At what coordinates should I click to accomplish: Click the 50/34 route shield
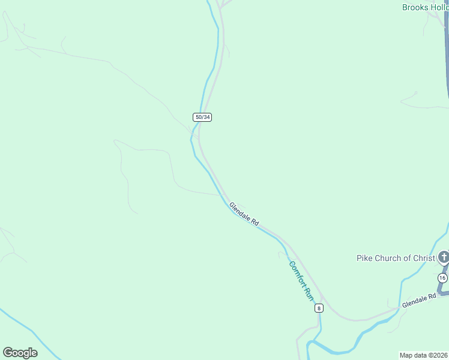click(202, 117)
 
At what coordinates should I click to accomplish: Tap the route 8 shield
click(319, 308)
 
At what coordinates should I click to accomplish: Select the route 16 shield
click(442, 278)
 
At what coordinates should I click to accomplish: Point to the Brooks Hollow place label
click(425, 7)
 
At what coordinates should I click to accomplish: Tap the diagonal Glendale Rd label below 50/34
click(244, 214)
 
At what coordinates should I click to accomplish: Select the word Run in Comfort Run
click(309, 294)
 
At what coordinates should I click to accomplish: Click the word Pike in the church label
click(365, 259)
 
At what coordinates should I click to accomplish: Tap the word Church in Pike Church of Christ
click(391, 259)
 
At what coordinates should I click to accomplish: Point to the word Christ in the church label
click(424, 259)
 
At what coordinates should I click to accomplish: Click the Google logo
click(20, 353)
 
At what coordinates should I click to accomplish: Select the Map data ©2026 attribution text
click(424, 355)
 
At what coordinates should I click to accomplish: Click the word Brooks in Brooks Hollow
click(415, 7)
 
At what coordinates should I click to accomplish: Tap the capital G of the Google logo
click(7, 353)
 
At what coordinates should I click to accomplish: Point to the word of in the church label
click(407, 259)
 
